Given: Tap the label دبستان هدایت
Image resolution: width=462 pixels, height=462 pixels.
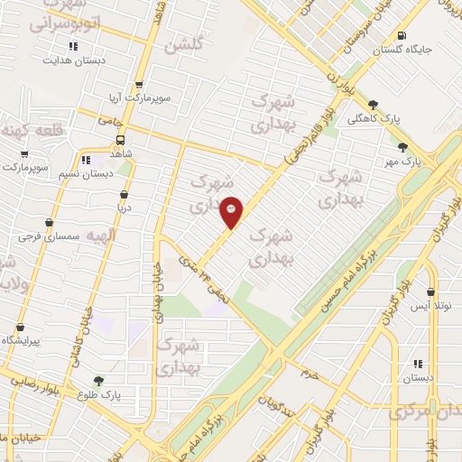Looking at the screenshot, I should [73, 60].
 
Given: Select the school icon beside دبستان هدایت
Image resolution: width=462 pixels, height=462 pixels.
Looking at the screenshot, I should [73, 46].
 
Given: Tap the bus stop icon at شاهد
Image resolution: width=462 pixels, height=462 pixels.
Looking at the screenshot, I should [121, 141].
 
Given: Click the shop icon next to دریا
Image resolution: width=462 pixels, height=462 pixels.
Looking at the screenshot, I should [123, 194].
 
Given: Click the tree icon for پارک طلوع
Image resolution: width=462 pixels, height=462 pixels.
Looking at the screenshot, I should [97, 382].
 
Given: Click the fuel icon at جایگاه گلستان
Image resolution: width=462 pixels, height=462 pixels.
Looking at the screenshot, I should [401, 36].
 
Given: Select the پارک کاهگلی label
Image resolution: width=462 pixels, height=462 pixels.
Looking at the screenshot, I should [374, 118].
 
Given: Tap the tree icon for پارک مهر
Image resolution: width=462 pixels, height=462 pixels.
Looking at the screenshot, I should [402, 147].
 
